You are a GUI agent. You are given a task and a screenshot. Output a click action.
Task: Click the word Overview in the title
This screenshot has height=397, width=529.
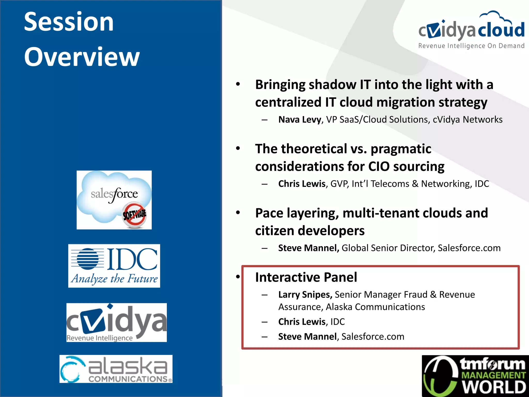click(82, 57)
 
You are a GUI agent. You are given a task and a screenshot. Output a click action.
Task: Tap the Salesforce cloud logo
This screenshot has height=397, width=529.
click(114, 200)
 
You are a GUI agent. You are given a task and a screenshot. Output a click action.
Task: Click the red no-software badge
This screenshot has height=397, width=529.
click(134, 215)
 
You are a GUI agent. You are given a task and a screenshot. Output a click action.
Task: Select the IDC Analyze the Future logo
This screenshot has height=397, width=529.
click(114, 266)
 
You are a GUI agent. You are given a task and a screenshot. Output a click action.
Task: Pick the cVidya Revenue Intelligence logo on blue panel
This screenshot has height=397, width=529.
click(116, 322)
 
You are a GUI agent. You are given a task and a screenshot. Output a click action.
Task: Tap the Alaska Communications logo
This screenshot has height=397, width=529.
click(116, 369)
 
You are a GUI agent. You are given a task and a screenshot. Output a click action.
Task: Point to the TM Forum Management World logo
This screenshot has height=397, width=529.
click(475, 376)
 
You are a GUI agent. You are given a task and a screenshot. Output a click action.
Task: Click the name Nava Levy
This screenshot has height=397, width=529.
click(299, 120)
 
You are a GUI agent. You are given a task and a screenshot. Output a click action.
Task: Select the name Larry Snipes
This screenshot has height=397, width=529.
click(305, 295)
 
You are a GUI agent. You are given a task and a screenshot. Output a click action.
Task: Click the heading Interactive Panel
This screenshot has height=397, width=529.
click(306, 277)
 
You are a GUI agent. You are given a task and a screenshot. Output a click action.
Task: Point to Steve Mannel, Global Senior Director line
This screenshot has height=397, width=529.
click(389, 248)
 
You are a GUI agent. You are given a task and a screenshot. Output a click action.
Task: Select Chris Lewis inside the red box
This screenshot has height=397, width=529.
click(301, 322)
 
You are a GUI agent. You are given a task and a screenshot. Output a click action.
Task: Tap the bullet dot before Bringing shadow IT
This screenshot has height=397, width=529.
click(238, 84)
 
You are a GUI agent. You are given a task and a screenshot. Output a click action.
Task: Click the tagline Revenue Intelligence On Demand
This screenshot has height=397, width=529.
click(471, 46)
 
